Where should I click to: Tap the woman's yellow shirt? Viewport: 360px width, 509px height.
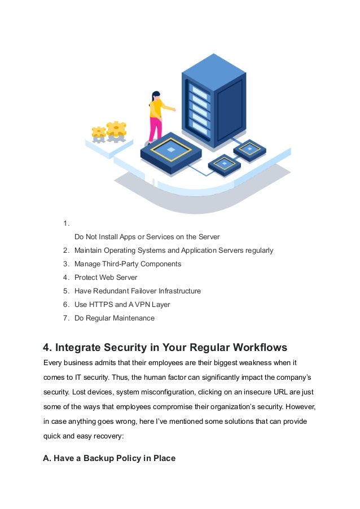[x=156, y=108]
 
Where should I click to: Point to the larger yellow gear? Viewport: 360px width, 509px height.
[x=116, y=130]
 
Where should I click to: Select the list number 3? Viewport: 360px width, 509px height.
[x=66, y=264]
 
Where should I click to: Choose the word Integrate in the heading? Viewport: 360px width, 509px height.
[x=80, y=346]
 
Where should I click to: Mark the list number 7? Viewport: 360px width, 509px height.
[x=66, y=318]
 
